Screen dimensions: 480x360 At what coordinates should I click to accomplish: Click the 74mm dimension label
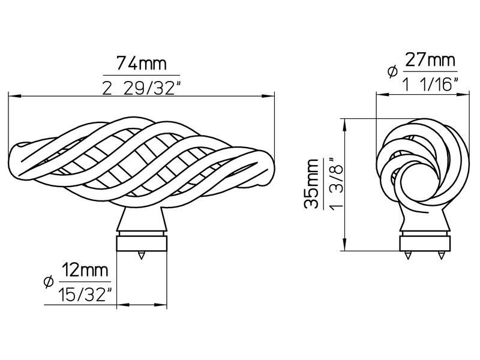click(142, 64)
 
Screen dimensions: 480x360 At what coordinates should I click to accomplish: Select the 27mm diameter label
click(430, 60)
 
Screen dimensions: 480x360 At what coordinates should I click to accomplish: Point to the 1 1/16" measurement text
click(430, 84)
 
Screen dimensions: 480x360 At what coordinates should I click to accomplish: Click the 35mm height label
click(312, 184)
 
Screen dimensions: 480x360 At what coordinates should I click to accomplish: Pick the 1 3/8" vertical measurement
click(337, 183)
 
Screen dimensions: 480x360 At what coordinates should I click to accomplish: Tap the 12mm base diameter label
click(85, 270)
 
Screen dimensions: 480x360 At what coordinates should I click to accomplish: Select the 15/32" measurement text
click(85, 295)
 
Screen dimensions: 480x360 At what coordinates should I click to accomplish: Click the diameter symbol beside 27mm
click(392, 71)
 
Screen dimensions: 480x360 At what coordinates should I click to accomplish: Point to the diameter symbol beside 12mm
click(49, 281)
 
